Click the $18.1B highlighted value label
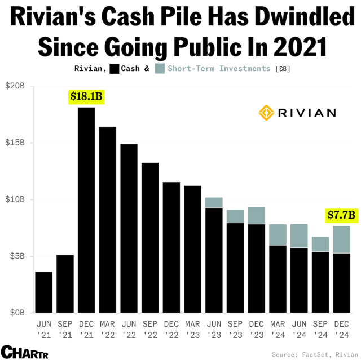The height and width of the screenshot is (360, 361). [86, 96]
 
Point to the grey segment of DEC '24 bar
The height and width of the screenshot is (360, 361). [342, 239]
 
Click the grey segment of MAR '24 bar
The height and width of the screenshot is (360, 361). [278, 234]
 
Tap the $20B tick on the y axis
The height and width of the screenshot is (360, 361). [15, 86]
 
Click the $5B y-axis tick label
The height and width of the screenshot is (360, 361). [15, 256]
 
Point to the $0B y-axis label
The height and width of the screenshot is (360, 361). [15, 313]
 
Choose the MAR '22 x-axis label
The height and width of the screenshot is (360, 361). [108, 329]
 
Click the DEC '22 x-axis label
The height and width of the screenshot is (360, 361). [171, 329]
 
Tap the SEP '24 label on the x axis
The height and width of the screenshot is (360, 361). [320, 329]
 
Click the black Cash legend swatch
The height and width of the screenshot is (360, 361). [115, 69]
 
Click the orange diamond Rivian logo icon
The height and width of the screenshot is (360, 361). [266, 112]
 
